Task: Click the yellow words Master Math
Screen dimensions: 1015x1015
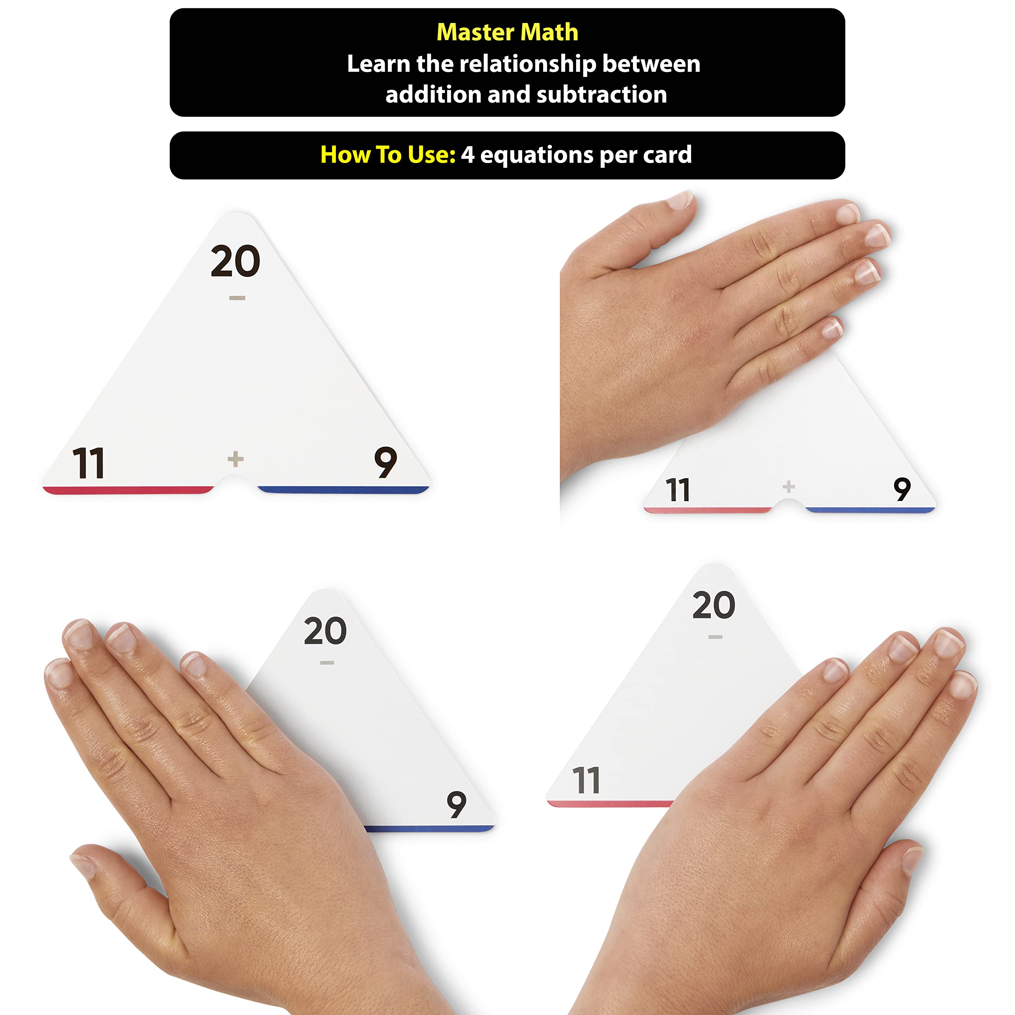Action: click(507, 32)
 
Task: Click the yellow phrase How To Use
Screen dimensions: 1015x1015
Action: click(388, 155)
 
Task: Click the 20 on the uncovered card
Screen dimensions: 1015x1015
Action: click(236, 261)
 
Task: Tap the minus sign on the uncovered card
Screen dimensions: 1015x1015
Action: click(237, 298)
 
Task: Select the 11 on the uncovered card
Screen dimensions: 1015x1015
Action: click(88, 463)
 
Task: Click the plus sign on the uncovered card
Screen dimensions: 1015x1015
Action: click(236, 459)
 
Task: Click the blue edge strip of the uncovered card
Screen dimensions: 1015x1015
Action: click(344, 490)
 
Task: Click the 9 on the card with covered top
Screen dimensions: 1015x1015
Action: click(902, 489)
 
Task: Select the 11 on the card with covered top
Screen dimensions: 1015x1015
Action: click(677, 490)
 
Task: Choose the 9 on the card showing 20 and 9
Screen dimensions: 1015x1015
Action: click(456, 804)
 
